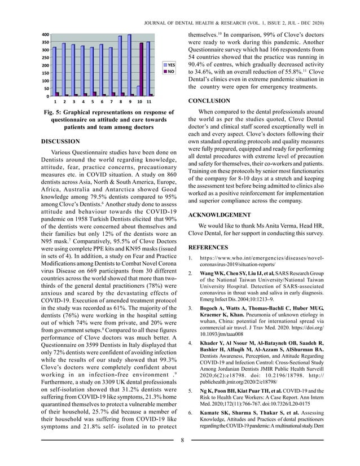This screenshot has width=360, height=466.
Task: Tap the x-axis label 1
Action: pyautogui.click(x=55, y=102)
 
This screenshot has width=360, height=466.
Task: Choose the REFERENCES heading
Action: pyautogui.click(x=209, y=248)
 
